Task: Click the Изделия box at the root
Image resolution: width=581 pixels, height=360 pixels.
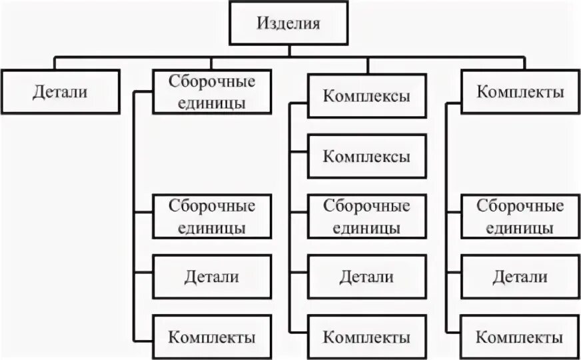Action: [x=289, y=24]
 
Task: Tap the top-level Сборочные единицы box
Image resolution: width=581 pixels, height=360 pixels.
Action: [x=212, y=91]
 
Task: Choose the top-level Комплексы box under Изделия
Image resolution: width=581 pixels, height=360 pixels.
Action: [x=366, y=95]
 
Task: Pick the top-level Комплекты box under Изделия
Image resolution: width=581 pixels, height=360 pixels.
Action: [x=520, y=91]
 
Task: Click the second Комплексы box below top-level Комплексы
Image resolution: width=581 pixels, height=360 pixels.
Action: [x=366, y=156]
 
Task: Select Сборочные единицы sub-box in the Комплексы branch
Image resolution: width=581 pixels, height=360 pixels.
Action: [x=366, y=217]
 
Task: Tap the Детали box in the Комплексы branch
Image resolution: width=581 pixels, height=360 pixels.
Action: [x=366, y=276]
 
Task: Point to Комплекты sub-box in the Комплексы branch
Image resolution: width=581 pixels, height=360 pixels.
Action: [x=366, y=336]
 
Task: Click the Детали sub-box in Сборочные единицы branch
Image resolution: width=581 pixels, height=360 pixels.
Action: [x=212, y=276]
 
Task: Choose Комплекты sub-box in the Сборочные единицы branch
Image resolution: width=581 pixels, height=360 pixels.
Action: [x=212, y=336]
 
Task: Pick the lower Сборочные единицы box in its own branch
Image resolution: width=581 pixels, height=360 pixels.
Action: [x=212, y=217]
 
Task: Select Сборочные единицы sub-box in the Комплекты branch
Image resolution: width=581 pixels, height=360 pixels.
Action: [x=520, y=217]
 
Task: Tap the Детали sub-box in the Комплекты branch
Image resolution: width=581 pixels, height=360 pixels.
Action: [x=520, y=276]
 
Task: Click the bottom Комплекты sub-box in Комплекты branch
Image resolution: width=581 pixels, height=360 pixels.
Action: [x=520, y=336]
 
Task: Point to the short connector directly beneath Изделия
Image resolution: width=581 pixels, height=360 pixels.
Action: [x=289, y=51]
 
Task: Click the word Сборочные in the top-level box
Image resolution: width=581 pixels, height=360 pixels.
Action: [x=212, y=82]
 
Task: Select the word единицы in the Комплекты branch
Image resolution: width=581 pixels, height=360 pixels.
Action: [x=520, y=227]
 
